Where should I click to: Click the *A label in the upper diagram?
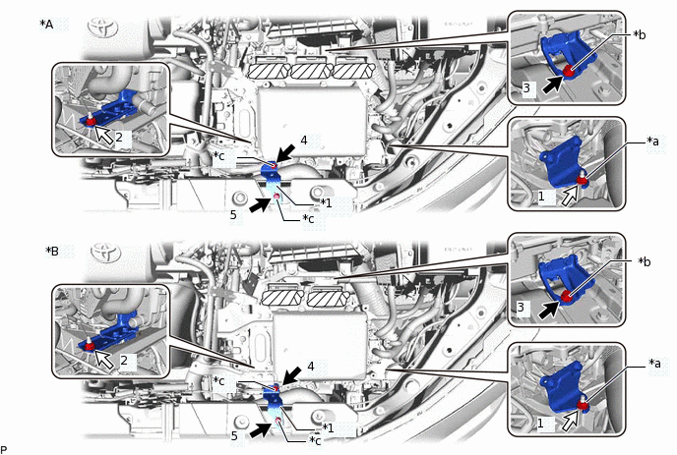[x=46, y=25]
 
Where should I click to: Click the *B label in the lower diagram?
[x=52, y=251]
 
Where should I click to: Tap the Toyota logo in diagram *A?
[x=102, y=28]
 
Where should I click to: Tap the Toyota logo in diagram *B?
[x=106, y=252]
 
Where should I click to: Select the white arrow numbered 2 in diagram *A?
[x=103, y=134]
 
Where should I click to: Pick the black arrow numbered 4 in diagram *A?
[x=285, y=153]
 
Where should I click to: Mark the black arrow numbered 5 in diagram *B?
[x=261, y=429]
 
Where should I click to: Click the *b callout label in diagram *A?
[x=640, y=35]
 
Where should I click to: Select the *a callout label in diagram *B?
[x=654, y=364]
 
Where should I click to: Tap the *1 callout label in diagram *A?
[x=326, y=202]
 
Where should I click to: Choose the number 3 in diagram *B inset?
[x=521, y=307]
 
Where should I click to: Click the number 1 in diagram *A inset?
[x=541, y=197]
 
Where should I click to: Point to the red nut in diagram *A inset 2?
[x=90, y=121]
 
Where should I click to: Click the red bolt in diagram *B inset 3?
[x=566, y=296]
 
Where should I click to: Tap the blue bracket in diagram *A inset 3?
[x=563, y=55]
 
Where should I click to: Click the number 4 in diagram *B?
[x=310, y=367]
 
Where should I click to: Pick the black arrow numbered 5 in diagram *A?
[x=260, y=204]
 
